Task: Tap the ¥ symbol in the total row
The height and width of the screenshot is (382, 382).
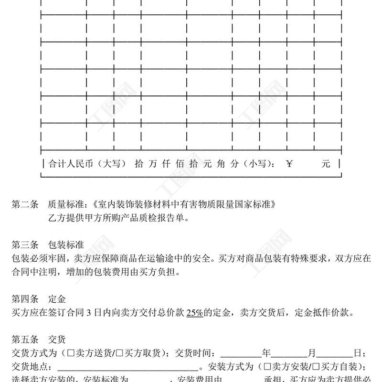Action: click(x=289, y=164)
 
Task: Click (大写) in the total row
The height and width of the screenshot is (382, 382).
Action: click(x=108, y=164)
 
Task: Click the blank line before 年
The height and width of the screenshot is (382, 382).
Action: click(x=242, y=355)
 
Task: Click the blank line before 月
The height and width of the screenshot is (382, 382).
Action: click(x=289, y=355)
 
